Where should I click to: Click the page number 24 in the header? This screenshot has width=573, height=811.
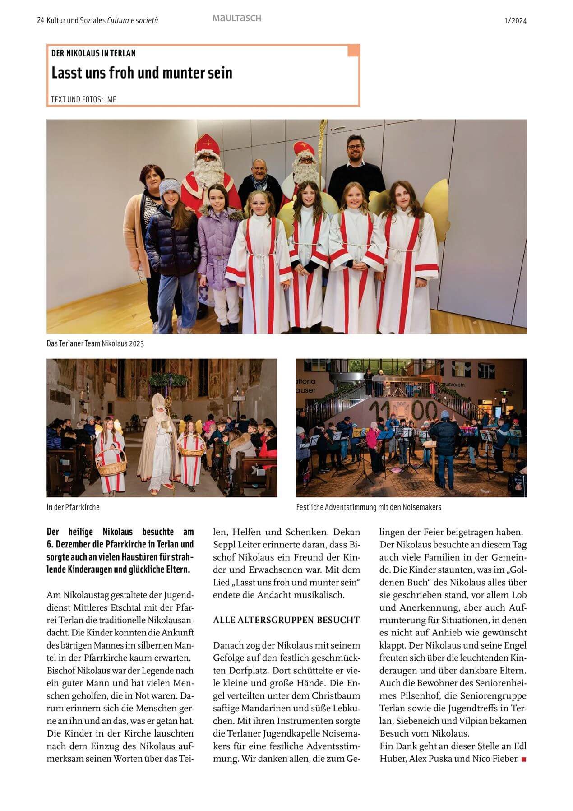click(x=40, y=21)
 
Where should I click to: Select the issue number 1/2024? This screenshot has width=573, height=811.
click(x=515, y=21)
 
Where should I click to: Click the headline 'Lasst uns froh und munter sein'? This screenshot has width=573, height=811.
click(x=142, y=73)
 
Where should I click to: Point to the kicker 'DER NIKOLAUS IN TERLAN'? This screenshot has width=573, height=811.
click(x=93, y=53)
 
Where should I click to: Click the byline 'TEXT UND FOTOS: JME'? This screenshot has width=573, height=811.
click(x=83, y=99)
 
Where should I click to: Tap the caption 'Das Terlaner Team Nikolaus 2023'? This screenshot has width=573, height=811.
click(x=95, y=344)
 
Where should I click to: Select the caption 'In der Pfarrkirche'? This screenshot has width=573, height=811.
click(x=73, y=507)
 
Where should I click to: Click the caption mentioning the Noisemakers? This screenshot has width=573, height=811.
click(x=369, y=507)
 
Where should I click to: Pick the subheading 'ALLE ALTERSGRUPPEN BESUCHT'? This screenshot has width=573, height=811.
click(x=286, y=620)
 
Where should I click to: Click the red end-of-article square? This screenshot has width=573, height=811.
click(x=523, y=760)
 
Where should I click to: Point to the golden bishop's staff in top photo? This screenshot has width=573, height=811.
click(x=323, y=149)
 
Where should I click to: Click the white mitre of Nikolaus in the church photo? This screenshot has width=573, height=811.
click(x=158, y=400)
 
